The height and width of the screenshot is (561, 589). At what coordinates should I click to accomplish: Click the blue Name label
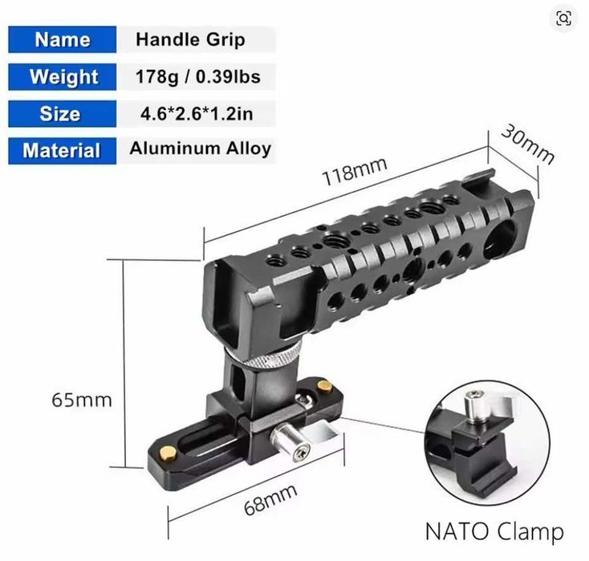point(62,39)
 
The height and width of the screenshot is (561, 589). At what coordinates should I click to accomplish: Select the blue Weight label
point(62,77)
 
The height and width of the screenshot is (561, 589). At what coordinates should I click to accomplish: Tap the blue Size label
point(62,114)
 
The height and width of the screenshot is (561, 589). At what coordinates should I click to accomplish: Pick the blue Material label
point(62,151)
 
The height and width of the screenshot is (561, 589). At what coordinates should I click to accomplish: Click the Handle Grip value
point(190,39)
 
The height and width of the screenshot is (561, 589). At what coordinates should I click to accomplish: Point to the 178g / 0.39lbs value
point(198,77)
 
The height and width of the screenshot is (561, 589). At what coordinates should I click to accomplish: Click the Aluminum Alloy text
point(200,148)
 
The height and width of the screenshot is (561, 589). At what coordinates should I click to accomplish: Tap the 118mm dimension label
point(354,169)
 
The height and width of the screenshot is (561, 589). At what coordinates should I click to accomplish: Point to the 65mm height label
point(82,399)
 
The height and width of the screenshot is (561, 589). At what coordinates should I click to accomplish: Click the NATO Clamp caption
point(494,531)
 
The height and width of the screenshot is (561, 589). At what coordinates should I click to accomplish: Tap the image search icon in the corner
point(564,18)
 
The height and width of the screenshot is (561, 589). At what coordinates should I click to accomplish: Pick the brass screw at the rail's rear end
point(325,388)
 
